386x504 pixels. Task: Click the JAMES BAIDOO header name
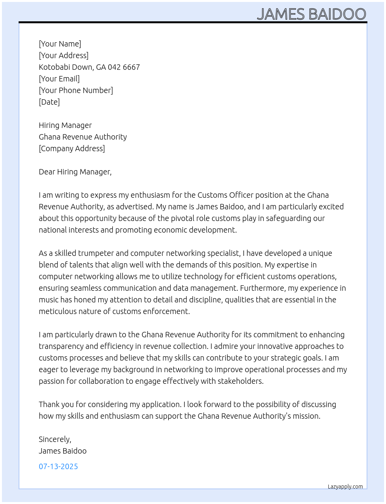click(311, 14)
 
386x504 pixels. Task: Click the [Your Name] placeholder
click(60, 44)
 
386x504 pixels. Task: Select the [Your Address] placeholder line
click(64, 55)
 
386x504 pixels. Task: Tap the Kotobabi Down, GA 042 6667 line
click(89, 67)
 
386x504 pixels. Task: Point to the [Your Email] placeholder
click(59, 79)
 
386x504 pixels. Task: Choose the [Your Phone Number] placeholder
click(76, 90)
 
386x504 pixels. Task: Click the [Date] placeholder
click(49, 102)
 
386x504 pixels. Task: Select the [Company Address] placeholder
click(72, 148)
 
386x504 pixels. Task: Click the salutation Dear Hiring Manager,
click(75, 172)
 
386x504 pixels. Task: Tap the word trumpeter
click(96, 253)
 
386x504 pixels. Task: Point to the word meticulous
click(57, 311)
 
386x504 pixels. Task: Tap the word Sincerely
click(55, 439)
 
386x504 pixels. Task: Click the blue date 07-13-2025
click(58, 466)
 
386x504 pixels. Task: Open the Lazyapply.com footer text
click(345, 487)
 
